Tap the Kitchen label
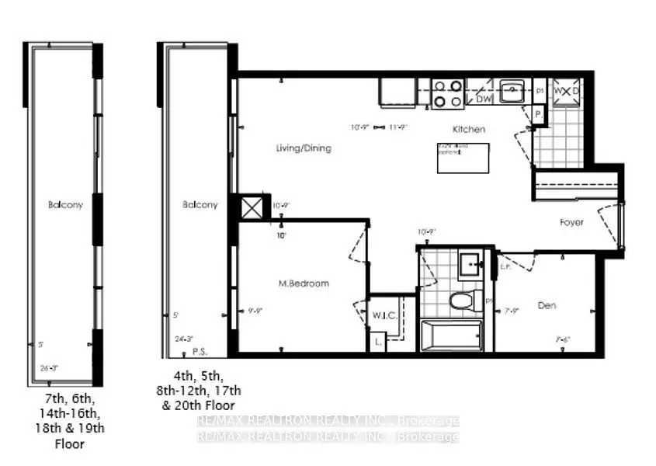(470, 129)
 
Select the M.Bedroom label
(304, 283)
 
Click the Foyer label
(571, 223)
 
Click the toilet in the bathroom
(460, 300)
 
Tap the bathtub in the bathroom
(450, 337)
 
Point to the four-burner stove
(448, 93)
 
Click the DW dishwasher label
(483, 100)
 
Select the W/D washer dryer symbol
(567, 92)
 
